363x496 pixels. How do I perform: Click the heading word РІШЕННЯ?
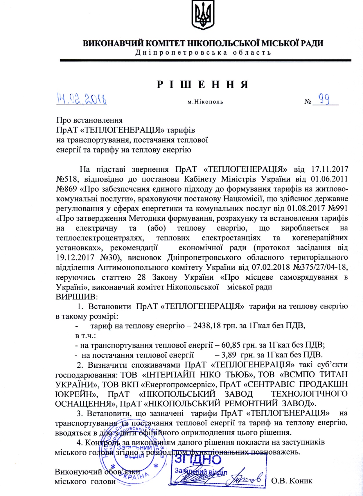pos(203,84)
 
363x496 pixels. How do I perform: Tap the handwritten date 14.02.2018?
pos(82,99)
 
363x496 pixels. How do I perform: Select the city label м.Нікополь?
pos(205,102)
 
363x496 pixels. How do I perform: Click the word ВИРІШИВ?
pos(77,297)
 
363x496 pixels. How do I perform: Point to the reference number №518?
pos(65,179)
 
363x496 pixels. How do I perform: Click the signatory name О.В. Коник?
pos(292,481)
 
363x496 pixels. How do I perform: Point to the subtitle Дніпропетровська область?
pos(203,53)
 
